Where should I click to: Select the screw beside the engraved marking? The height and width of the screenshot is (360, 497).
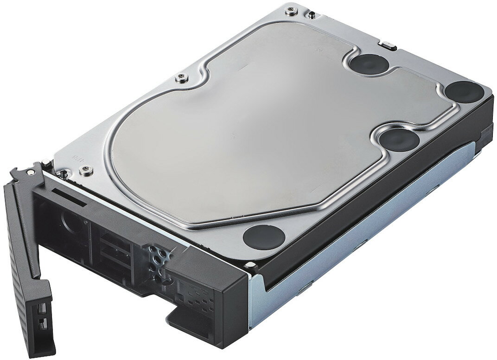[84, 170]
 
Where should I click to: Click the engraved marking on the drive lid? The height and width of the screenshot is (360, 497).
[76, 157]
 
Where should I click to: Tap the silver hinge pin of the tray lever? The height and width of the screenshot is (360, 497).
[31, 171]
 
